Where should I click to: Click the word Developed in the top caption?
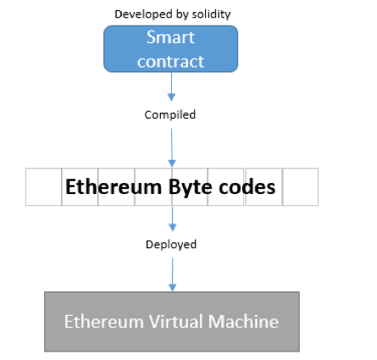[x=141, y=14]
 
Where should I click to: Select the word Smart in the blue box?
[x=170, y=38]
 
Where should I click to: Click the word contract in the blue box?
[x=170, y=61]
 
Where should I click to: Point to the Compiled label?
[x=170, y=114]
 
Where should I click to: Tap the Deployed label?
[x=170, y=244]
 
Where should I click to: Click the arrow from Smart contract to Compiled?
[x=171, y=87]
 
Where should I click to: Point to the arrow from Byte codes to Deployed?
[x=171, y=219]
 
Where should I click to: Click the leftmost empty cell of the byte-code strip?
[x=43, y=186]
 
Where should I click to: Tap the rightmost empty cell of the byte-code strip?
[x=301, y=186]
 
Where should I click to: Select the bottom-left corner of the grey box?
[x=46, y=350]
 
